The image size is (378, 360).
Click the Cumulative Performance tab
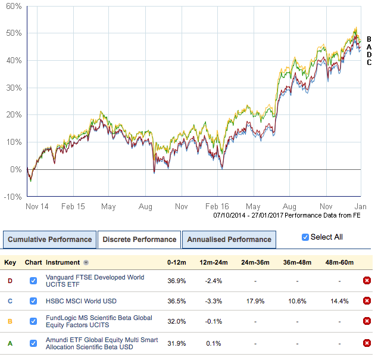click(49, 240)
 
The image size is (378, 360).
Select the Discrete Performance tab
click(139, 240)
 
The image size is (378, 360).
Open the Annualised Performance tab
click(229, 240)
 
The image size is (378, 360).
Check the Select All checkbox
click(305, 237)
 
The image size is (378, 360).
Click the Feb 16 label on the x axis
click(218, 207)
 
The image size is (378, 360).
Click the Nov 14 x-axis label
click(37, 207)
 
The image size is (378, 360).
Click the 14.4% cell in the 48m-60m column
click(339, 301)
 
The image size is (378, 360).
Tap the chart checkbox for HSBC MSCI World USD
click(33, 301)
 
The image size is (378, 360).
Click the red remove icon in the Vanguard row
click(367, 281)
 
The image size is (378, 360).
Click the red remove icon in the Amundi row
click(367, 343)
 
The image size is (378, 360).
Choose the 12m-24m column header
click(213, 262)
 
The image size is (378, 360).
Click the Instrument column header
click(63, 262)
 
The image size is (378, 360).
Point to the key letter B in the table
click(10, 322)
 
